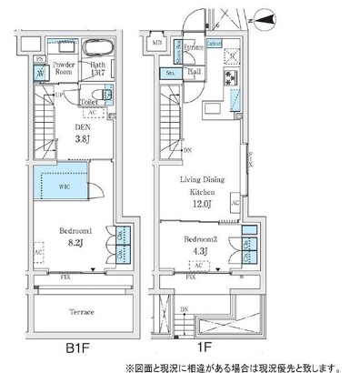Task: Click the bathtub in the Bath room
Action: [x=97, y=49]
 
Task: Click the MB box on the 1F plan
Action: [x=156, y=43]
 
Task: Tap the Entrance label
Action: [x=193, y=45]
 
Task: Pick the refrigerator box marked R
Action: [x=232, y=54]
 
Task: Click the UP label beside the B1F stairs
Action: [x=59, y=94]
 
